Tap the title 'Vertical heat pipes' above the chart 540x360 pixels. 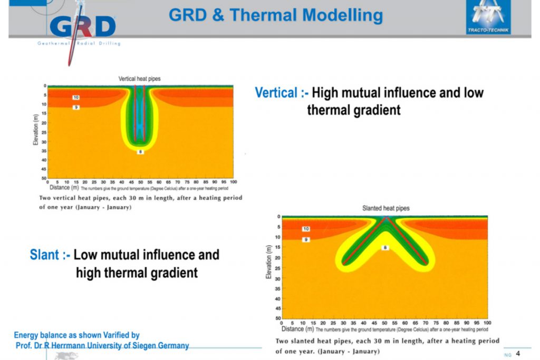139,79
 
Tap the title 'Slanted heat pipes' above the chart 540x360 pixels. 385,208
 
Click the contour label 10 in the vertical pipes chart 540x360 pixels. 76,98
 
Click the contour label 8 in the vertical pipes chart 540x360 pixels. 140,152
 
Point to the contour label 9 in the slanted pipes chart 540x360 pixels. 306,239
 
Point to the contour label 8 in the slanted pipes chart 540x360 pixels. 385,247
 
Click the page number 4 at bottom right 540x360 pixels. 518,353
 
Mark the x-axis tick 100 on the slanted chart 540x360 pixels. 487,323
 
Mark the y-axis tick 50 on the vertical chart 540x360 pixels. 45,179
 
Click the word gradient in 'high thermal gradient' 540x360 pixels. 171,273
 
